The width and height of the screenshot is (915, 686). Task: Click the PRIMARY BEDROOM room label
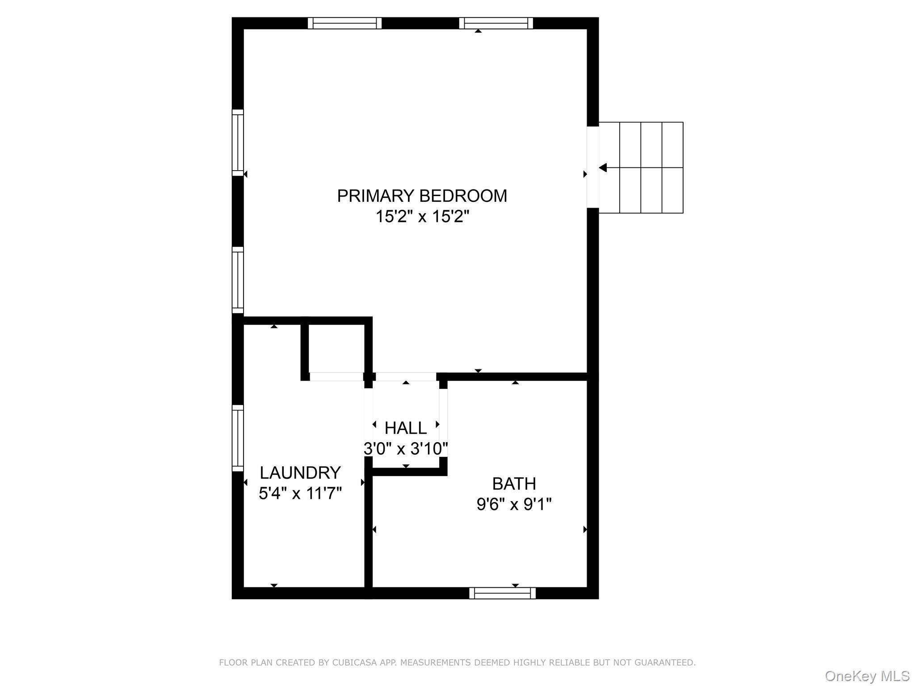pos(422,196)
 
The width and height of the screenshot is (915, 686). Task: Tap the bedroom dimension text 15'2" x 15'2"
pos(422,217)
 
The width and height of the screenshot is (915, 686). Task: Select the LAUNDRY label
pos(300,473)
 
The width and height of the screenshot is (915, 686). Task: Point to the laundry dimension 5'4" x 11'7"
pos(300,494)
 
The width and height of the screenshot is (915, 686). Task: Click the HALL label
pos(406,428)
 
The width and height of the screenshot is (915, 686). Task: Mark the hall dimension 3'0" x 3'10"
pos(406,448)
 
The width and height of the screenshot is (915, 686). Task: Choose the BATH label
pos(514,484)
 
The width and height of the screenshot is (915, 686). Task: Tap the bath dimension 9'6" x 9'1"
pos(514,505)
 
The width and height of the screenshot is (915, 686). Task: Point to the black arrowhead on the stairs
pos(603,168)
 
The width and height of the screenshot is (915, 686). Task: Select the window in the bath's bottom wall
pos(503,593)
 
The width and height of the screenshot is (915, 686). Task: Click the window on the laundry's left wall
pos(238,438)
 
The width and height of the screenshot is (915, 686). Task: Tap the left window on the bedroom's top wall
pos(344,23)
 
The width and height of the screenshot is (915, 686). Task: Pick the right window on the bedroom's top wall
pos(496,23)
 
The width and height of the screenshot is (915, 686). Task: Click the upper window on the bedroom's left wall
pos(238,142)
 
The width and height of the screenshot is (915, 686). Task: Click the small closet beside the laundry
pos(336,348)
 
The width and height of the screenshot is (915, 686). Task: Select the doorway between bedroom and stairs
pos(592,167)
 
